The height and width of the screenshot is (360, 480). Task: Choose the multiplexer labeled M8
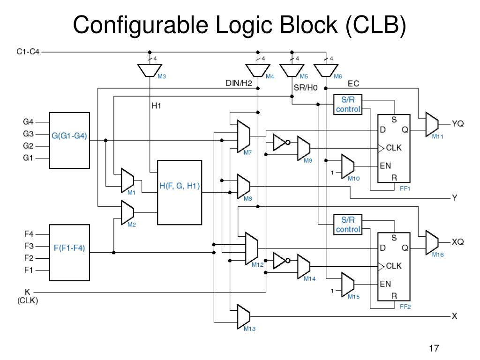pos(244,186)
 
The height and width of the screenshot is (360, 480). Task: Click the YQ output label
pos(458,124)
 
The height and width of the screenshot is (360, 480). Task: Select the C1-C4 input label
pos(28,52)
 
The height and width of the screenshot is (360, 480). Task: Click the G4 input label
pos(29,121)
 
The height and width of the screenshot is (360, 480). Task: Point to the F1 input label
pos(29,270)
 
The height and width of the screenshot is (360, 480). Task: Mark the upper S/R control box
pos(348,105)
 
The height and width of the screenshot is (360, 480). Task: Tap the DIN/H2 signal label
pos(239,84)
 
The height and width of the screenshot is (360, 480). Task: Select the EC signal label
pos(353,84)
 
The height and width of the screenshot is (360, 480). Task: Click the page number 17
pos(434,348)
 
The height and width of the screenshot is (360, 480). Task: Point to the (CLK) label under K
pos(28,301)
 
